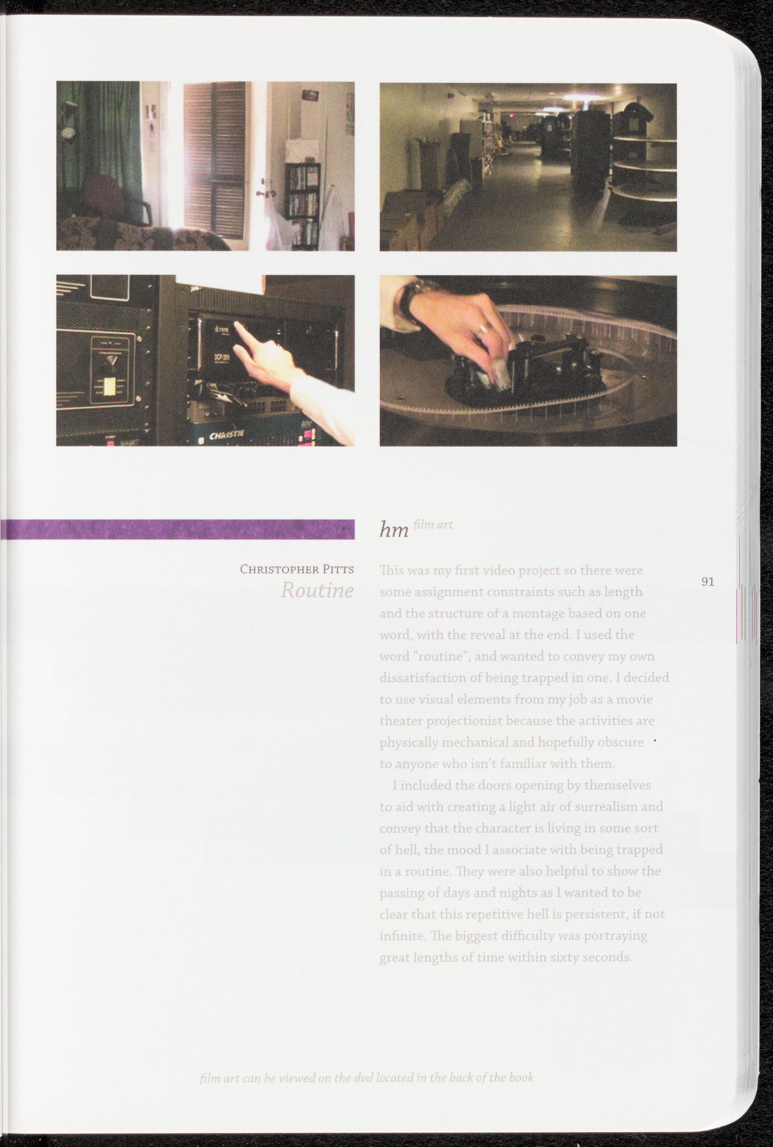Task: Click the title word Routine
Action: (x=317, y=590)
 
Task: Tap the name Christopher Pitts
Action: (x=297, y=569)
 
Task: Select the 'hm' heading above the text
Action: (x=394, y=530)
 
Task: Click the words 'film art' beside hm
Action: (x=433, y=524)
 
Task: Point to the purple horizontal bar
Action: (x=177, y=529)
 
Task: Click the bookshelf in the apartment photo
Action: (x=303, y=204)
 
